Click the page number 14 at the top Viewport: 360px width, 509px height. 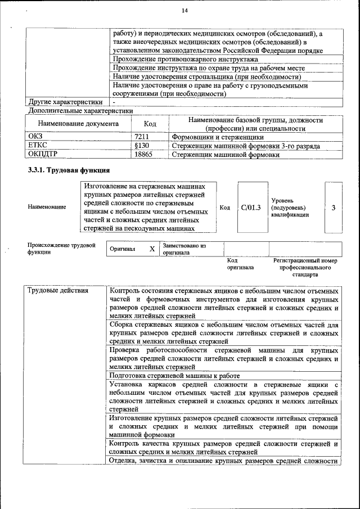click(184, 11)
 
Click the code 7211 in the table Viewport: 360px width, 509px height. click(141, 136)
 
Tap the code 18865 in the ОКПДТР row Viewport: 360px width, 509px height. click(143, 154)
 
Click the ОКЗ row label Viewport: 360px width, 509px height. click(35, 136)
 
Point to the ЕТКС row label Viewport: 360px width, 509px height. click(37, 145)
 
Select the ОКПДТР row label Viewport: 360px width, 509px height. click(43, 154)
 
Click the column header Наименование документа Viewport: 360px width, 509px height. click(78, 124)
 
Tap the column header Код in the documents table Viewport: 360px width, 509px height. click(150, 124)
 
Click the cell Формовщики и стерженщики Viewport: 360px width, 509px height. click(217, 136)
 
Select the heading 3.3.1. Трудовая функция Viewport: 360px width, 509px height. click(68, 170)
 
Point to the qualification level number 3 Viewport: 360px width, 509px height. click(333, 208)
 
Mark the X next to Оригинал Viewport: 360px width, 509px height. click(151, 249)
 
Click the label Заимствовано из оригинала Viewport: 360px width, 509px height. click(184, 249)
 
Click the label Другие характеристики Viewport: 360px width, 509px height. click(65, 102)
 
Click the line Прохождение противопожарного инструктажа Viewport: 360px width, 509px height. click(186, 59)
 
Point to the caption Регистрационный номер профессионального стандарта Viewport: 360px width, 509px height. click(305, 268)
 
